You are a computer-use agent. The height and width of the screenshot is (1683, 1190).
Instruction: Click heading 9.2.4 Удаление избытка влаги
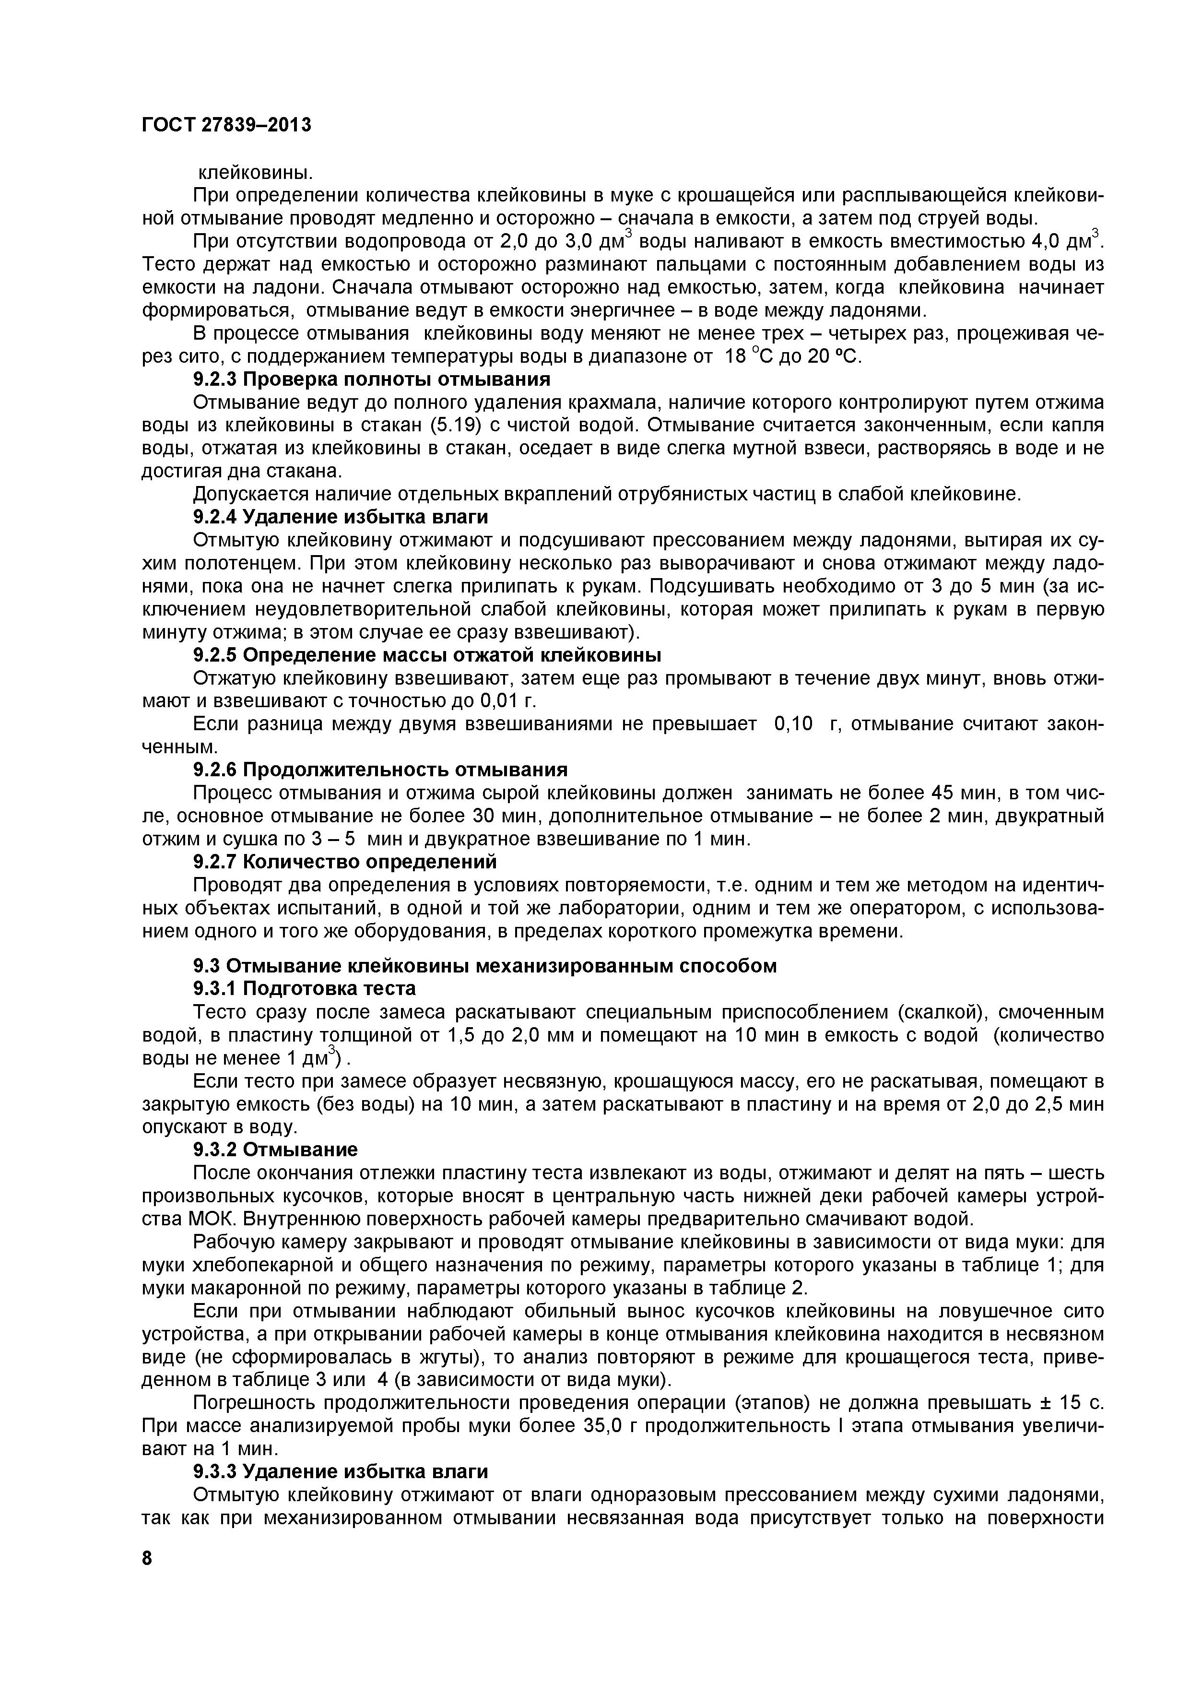click(340, 517)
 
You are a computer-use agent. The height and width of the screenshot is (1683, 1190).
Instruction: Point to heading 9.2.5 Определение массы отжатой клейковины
click(427, 654)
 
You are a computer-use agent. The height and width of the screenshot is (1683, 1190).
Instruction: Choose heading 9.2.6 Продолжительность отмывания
click(380, 770)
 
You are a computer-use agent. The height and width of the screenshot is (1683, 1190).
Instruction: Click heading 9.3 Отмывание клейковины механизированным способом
click(484, 966)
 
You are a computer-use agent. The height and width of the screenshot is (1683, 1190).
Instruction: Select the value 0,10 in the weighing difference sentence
click(794, 724)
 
